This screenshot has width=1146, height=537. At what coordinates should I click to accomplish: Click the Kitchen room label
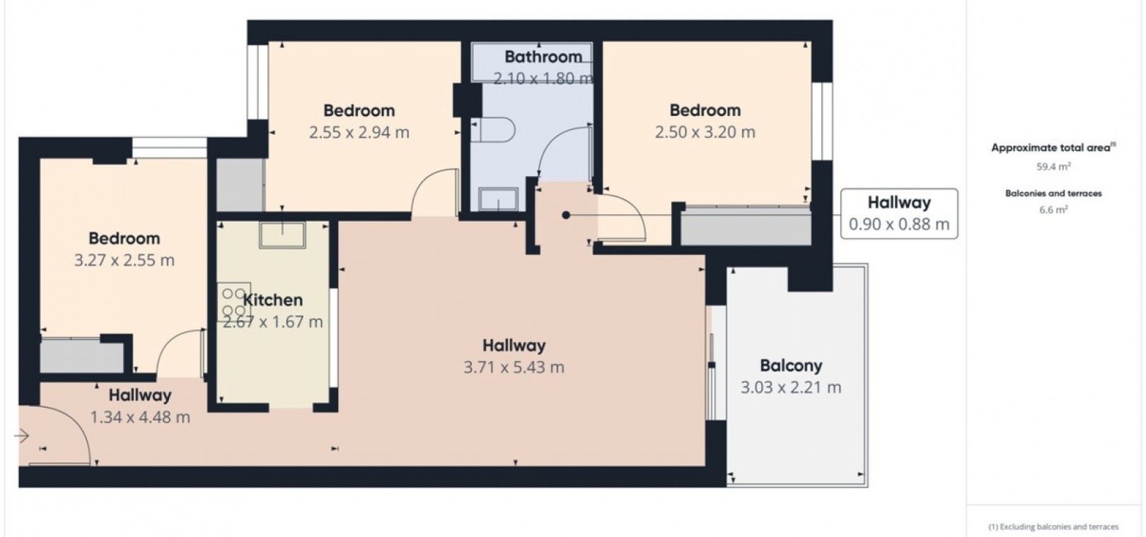tap(272, 300)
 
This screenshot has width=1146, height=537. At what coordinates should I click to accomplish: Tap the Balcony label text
tap(791, 366)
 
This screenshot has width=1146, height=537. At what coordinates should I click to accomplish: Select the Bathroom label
tap(543, 57)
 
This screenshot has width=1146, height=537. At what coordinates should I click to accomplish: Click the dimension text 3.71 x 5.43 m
tap(514, 367)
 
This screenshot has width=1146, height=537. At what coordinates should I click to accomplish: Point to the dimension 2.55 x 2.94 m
tap(359, 133)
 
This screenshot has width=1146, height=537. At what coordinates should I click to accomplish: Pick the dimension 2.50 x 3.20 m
tap(705, 132)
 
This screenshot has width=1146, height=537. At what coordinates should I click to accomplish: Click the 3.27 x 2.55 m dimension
tap(125, 261)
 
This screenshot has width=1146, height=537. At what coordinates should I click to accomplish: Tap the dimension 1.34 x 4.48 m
tap(140, 418)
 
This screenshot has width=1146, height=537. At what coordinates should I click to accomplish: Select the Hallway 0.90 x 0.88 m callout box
tap(899, 213)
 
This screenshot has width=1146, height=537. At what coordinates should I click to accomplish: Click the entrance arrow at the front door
tap(21, 436)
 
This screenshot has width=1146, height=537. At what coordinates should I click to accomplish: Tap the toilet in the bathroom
tap(492, 130)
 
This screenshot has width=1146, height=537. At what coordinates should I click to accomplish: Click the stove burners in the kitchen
tap(234, 302)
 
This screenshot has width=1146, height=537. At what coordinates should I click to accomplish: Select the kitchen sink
tap(282, 235)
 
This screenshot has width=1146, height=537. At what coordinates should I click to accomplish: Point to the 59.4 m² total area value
tap(1053, 167)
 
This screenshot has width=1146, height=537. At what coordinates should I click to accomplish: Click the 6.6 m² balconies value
tap(1053, 209)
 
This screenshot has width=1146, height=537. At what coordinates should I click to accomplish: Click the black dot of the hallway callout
tap(566, 216)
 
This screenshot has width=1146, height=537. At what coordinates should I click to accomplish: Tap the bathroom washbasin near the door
tap(498, 199)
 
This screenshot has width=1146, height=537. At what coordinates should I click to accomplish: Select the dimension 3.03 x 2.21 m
tap(791, 388)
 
